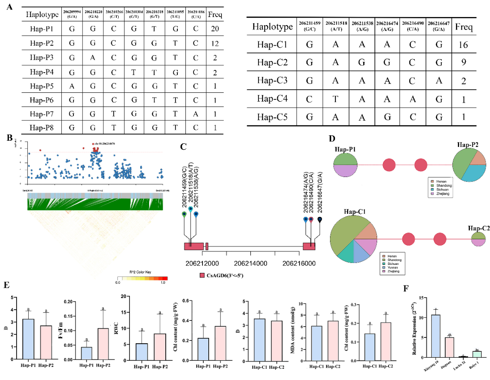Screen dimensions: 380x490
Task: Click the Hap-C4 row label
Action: pyautogui.click(x=273, y=100)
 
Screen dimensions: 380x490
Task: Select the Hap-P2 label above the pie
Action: pyautogui.click(x=470, y=146)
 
